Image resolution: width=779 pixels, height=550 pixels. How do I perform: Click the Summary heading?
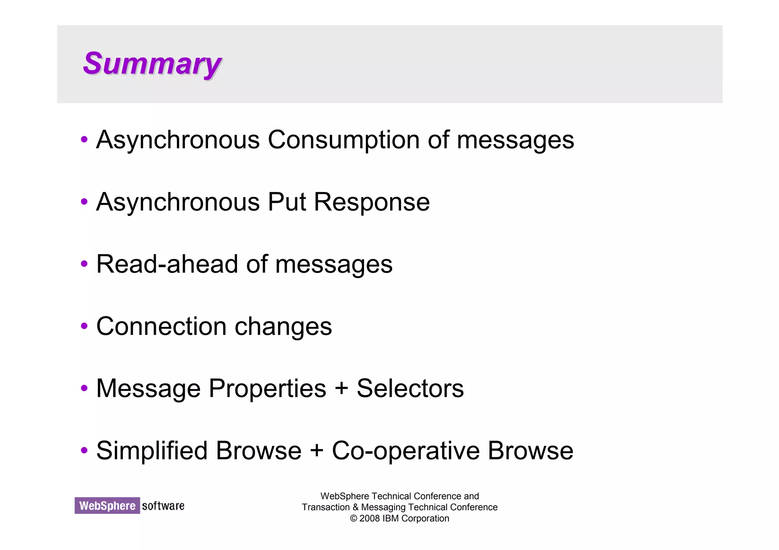(152, 64)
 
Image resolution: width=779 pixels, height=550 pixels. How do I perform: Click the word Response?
(372, 202)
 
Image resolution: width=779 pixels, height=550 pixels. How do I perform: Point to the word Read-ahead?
(167, 264)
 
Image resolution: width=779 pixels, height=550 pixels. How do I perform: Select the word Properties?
(267, 388)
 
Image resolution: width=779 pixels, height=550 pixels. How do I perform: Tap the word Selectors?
(410, 388)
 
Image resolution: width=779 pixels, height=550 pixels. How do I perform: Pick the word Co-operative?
(405, 451)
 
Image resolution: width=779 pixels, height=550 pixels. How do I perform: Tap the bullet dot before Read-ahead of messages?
(84, 264)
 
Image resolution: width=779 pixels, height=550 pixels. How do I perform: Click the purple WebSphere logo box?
(107, 506)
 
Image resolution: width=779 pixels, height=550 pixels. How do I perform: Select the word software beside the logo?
(163, 506)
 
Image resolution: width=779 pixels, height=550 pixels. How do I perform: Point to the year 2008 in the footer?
(370, 518)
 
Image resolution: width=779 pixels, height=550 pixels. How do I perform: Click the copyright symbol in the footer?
(353, 518)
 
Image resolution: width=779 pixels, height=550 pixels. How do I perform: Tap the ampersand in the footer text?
(355, 507)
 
